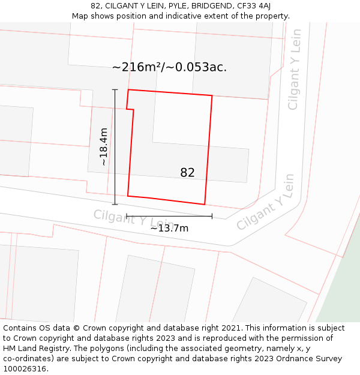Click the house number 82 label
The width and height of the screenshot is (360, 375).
click(x=187, y=173)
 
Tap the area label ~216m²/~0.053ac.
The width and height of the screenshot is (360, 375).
click(x=169, y=67)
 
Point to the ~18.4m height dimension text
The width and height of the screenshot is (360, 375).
click(x=103, y=146)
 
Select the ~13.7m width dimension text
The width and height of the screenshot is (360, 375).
click(x=169, y=228)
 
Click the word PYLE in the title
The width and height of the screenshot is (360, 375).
click(x=178, y=6)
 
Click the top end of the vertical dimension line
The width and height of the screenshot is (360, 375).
click(x=115, y=89)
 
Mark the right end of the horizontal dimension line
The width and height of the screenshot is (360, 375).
click(x=212, y=216)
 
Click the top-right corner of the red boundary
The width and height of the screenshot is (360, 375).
click(x=212, y=95)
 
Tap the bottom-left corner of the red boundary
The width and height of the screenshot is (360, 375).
click(x=128, y=196)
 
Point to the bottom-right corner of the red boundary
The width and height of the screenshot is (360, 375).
click(x=205, y=205)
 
